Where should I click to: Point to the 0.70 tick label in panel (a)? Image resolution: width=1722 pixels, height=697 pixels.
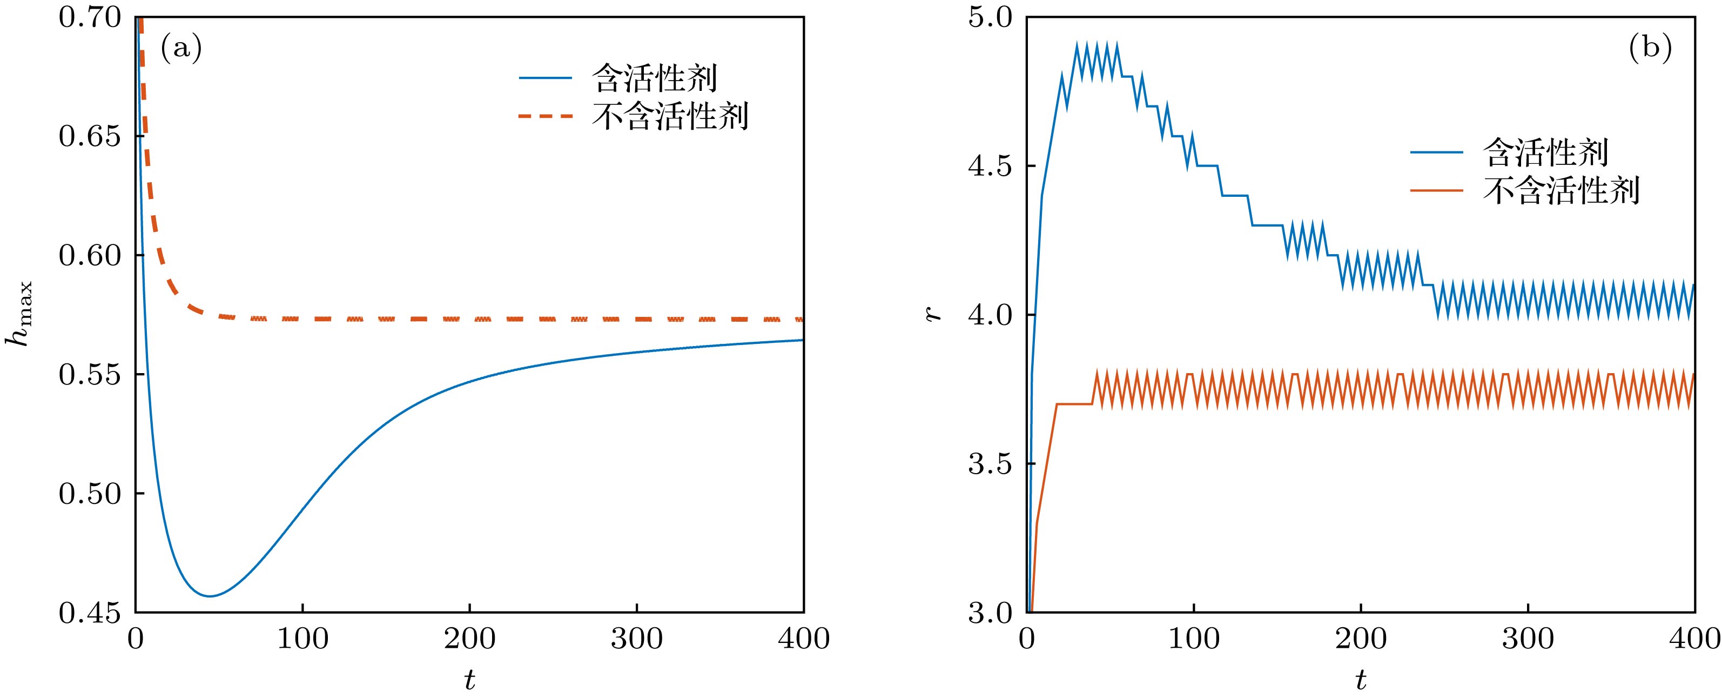coord(90,17)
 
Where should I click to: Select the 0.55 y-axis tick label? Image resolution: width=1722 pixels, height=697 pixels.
coord(90,375)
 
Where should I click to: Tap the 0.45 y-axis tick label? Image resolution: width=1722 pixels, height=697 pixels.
coord(90,613)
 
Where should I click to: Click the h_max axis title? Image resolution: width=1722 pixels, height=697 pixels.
coord(19,314)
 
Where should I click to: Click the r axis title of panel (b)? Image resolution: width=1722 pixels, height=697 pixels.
coord(933,314)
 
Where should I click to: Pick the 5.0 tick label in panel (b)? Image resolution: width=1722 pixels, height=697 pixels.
coord(990,17)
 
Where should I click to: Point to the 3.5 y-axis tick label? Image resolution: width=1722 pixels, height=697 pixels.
coord(990,464)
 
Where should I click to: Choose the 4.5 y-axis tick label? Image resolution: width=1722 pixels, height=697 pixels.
coord(990,167)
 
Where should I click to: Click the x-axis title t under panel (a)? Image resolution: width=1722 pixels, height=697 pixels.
coord(470,680)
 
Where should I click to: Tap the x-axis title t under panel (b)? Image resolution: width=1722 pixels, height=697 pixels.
coord(1361,680)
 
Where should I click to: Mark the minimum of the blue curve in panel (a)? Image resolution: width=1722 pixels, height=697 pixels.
coord(210,596)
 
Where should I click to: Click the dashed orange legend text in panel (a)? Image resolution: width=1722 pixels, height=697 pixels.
coord(670,116)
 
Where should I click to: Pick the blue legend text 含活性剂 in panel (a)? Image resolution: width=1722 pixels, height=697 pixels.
coord(655,79)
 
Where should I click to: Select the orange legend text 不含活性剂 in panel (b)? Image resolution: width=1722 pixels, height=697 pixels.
coord(1561,191)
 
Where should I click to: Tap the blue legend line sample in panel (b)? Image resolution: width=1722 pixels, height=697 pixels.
coord(1437,152)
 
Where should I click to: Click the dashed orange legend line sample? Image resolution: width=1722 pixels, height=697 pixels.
coord(546,116)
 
